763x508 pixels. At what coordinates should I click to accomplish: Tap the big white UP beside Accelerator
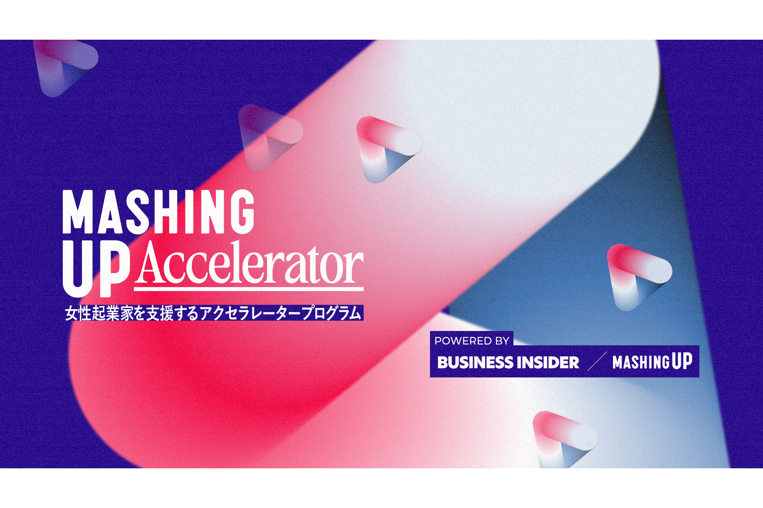click(97, 269)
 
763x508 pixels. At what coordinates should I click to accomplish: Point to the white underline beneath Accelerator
click(249, 289)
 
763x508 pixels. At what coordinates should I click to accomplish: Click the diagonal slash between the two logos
click(597, 361)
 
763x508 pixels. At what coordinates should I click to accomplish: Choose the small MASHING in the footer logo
click(641, 362)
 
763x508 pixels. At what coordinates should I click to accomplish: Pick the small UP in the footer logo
click(682, 361)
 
